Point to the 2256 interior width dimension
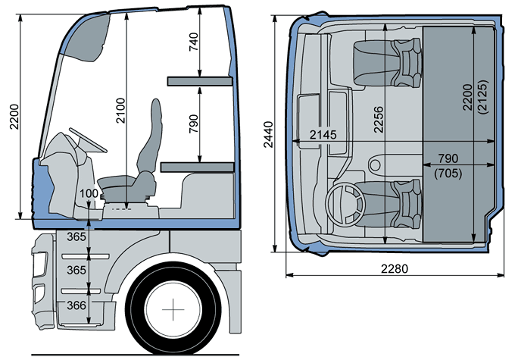coord(378,117)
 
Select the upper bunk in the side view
coord(198,79)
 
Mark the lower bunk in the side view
coord(198,166)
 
